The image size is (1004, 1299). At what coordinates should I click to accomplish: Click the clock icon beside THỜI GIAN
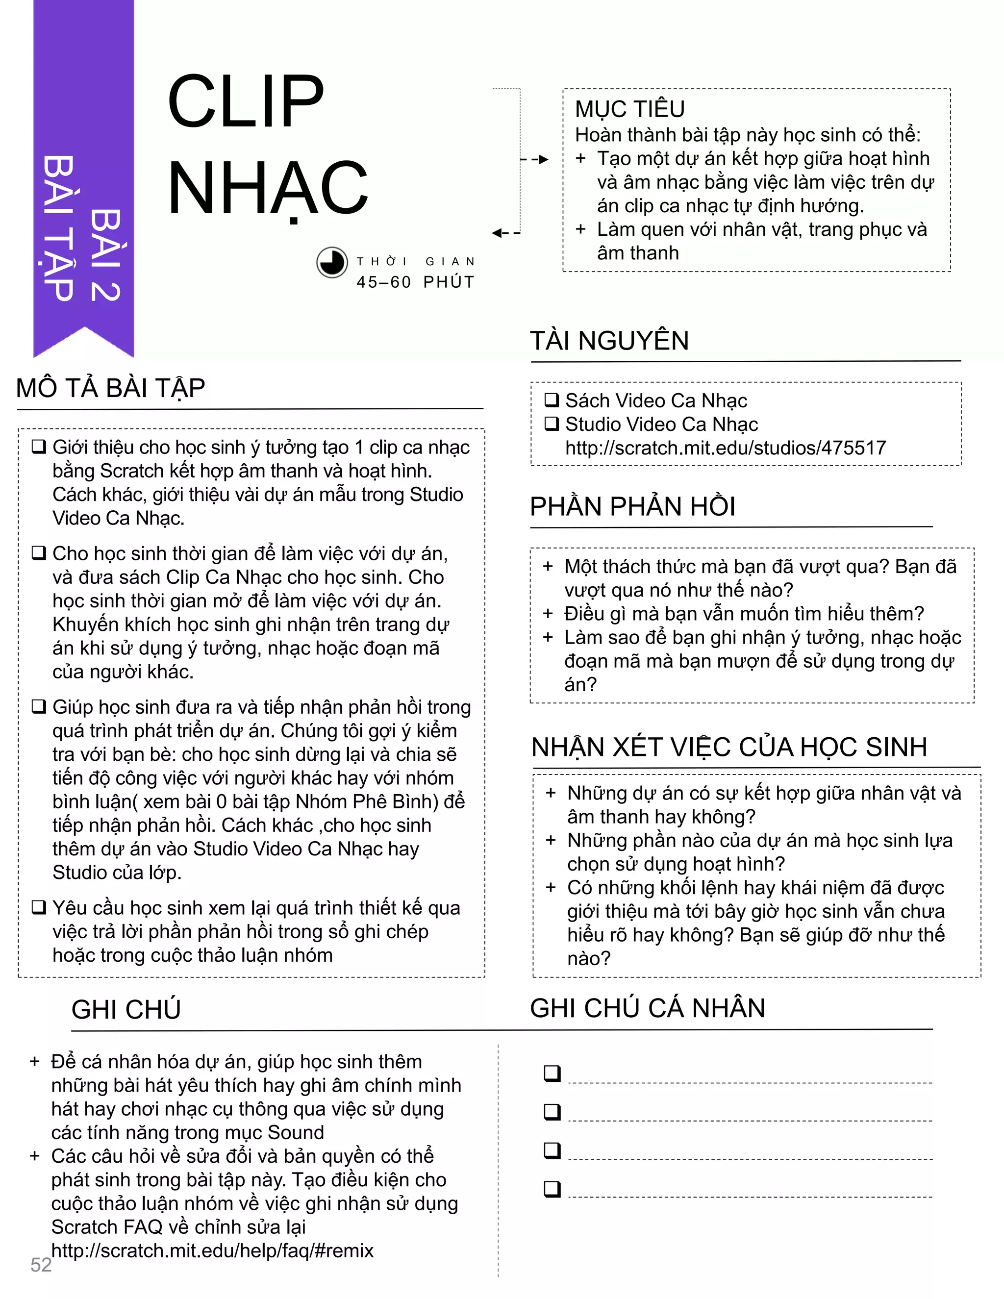point(331,262)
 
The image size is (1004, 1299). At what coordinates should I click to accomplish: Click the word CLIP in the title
point(246,101)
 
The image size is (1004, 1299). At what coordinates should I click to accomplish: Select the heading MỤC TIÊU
point(629,109)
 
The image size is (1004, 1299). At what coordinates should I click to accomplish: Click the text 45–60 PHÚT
point(416,282)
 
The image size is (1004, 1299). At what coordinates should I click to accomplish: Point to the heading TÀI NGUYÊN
point(609,341)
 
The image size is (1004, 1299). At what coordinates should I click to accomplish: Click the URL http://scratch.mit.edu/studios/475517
point(725,448)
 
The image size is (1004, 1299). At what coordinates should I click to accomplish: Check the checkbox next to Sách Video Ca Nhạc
point(552,400)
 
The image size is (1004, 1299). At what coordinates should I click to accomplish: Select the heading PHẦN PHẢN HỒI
point(632,507)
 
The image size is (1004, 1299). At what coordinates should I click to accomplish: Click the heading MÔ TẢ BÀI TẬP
point(111,388)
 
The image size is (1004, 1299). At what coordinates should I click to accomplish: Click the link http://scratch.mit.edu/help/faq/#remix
point(212,1250)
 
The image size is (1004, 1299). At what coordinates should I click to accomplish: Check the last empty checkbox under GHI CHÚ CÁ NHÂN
point(552,1188)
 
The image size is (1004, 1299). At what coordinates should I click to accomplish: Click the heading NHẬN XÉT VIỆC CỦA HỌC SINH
point(728,748)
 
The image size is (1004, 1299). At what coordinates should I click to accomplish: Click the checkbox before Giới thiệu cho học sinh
point(39,447)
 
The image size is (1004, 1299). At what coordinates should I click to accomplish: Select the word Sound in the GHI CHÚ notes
point(296,1132)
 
